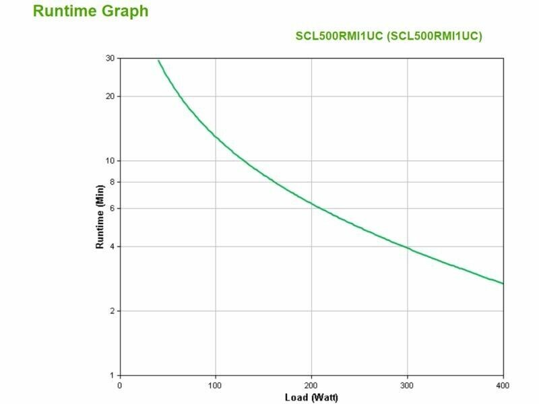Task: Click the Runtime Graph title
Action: [x=90, y=11]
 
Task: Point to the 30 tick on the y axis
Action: [x=110, y=59]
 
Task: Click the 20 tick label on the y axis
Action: [x=110, y=96]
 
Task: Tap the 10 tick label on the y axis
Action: [x=110, y=161]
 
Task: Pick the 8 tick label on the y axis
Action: [x=112, y=182]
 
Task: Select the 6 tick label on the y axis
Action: [x=112, y=208]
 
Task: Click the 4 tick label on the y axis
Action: [x=112, y=246]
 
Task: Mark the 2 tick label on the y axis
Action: [x=112, y=311]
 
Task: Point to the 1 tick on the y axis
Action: [x=112, y=375]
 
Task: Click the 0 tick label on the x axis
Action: [x=120, y=385]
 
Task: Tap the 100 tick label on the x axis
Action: [x=216, y=385]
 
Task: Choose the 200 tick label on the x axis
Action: [x=311, y=385]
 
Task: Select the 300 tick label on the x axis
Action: [x=407, y=385]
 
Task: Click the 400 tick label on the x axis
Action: [x=503, y=385]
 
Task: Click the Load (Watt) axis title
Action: [x=311, y=397]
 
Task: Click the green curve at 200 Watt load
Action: [x=311, y=203]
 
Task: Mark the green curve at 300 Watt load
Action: [x=407, y=248]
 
